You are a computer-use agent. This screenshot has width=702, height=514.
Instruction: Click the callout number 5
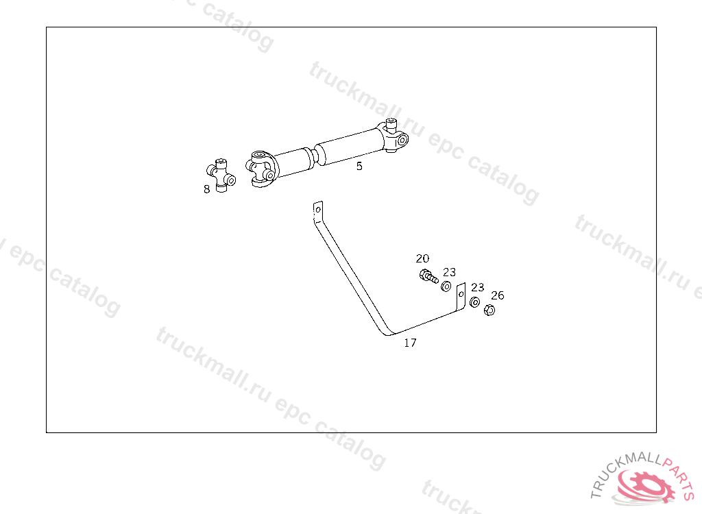click(359, 166)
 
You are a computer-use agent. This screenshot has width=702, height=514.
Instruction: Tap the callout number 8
click(206, 189)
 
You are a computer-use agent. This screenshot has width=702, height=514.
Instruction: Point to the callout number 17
click(410, 343)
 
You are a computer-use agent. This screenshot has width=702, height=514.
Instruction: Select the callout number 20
click(422, 258)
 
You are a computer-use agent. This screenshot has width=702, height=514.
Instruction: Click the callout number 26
click(498, 295)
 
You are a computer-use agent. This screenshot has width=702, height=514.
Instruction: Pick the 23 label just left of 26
click(477, 287)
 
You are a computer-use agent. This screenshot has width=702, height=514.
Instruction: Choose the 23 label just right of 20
click(449, 272)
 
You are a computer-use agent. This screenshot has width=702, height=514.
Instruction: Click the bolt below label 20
click(428, 277)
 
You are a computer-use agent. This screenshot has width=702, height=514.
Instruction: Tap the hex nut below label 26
click(489, 310)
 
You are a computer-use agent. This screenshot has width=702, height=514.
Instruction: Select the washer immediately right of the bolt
click(446, 285)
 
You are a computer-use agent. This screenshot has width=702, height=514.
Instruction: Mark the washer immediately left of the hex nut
click(474, 302)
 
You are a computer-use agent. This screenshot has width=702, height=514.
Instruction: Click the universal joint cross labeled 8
click(221, 174)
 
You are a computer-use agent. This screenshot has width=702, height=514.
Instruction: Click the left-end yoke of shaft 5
click(261, 169)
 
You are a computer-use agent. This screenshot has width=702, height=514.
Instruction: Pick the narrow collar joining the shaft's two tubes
click(313, 156)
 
